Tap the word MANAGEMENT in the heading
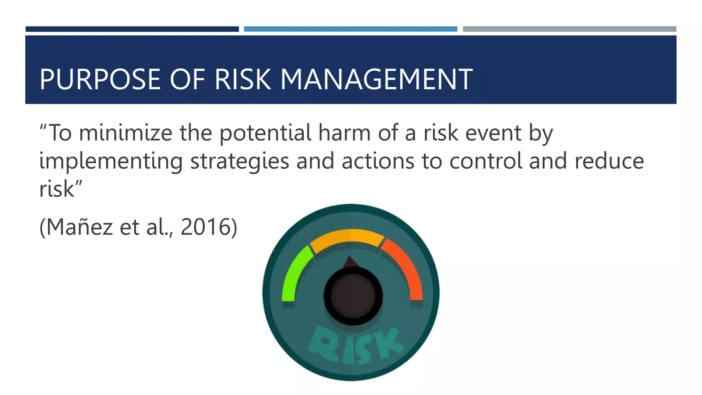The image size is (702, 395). click(x=376, y=80)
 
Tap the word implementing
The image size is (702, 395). click(x=111, y=161)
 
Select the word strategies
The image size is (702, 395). click(x=240, y=161)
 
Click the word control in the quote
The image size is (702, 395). click(x=485, y=161)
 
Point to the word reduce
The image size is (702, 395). click(x=609, y=161)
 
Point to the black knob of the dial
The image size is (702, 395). click(x=353, y=296)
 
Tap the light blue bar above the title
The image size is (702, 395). click(x=350, y=29)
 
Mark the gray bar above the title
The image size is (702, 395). click(x=569, y=29)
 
